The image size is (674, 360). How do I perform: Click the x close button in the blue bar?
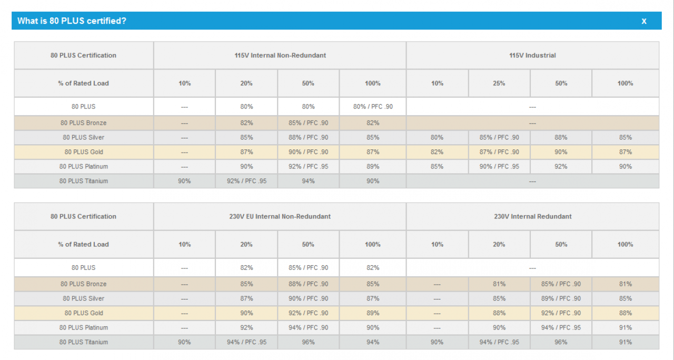643,21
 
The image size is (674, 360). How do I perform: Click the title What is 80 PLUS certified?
72,21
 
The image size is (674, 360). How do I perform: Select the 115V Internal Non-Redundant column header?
280,55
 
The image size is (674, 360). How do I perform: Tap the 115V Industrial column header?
532,55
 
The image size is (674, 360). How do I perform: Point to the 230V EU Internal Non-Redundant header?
280,216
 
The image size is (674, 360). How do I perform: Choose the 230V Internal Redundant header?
532,216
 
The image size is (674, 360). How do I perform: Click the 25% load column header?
499,83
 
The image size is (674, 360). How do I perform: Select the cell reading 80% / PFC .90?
373,106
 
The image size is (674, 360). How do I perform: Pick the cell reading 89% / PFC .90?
561,298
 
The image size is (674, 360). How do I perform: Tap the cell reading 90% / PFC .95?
499,166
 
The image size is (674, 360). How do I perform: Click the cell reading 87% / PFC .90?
499,152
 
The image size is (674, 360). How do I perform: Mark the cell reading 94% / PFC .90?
308,327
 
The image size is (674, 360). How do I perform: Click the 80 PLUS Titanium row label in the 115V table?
83,181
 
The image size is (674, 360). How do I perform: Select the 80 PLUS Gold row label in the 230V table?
84,313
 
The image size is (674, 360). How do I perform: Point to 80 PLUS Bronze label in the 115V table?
83,123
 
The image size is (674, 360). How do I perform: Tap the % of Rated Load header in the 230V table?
83,244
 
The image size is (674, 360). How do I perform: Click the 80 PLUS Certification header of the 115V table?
83,55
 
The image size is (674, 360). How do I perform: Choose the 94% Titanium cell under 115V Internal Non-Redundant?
308,181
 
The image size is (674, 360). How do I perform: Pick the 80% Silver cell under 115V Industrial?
437,137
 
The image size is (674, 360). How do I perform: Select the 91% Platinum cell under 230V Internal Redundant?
625,327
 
